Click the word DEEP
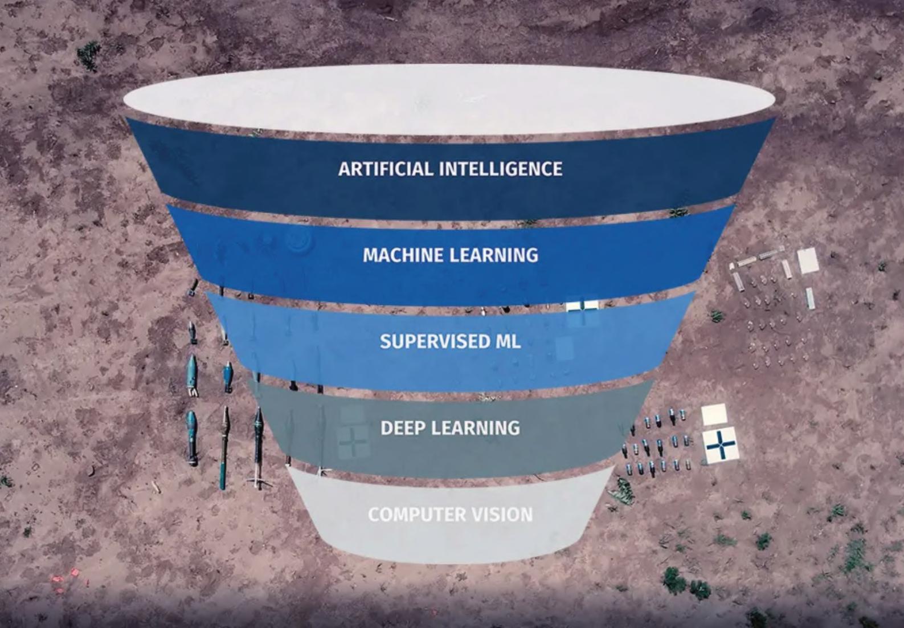pos(403,428)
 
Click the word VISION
pos(505,515)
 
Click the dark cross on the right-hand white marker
pos(721,445)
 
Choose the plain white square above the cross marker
pos(714,414)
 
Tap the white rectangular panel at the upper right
pos(808,260)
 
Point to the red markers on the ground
pos(67,577)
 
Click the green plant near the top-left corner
pos(88,55)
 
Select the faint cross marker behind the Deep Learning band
pos(353,442)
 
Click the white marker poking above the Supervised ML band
pos(582,305)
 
